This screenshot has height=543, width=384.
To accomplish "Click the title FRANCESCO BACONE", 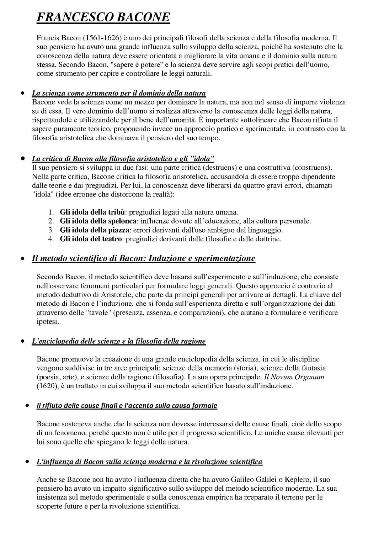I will pos(103,17).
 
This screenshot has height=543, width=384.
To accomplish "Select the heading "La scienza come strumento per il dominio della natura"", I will pos(119,93).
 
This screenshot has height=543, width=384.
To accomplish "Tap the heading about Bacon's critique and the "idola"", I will pos(123,158).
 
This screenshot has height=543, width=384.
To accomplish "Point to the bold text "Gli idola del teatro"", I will pos(91,239).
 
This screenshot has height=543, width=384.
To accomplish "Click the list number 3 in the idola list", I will pos(51,230).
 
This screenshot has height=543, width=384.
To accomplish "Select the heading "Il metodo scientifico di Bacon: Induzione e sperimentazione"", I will pos(143,258).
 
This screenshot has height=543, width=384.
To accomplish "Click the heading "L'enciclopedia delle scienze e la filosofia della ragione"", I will pos(119,341).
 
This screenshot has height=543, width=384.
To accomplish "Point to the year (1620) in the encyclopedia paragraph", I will pos(47,386).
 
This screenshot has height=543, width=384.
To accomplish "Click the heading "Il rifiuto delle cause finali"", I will pos(127,406).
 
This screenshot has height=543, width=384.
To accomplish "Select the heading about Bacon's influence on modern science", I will pos(149,462).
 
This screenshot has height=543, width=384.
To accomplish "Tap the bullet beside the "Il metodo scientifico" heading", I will pos(23,259).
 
